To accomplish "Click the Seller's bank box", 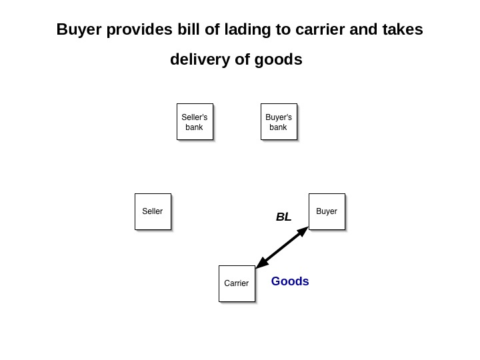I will coord(195,121).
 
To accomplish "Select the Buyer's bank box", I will coord(279,121).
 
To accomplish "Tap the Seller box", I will coord(153,211).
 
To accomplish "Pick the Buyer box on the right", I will coord(327,211).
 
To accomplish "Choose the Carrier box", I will coord(237,283).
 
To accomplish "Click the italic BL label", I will coord(284,217).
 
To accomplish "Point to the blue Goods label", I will coord(290,281).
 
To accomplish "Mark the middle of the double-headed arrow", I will coord(282,247).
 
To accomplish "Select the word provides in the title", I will coord(133,31).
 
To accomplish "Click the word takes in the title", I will coord(402,31).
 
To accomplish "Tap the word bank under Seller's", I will coord(194,127).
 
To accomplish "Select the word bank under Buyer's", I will coord(278,127).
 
